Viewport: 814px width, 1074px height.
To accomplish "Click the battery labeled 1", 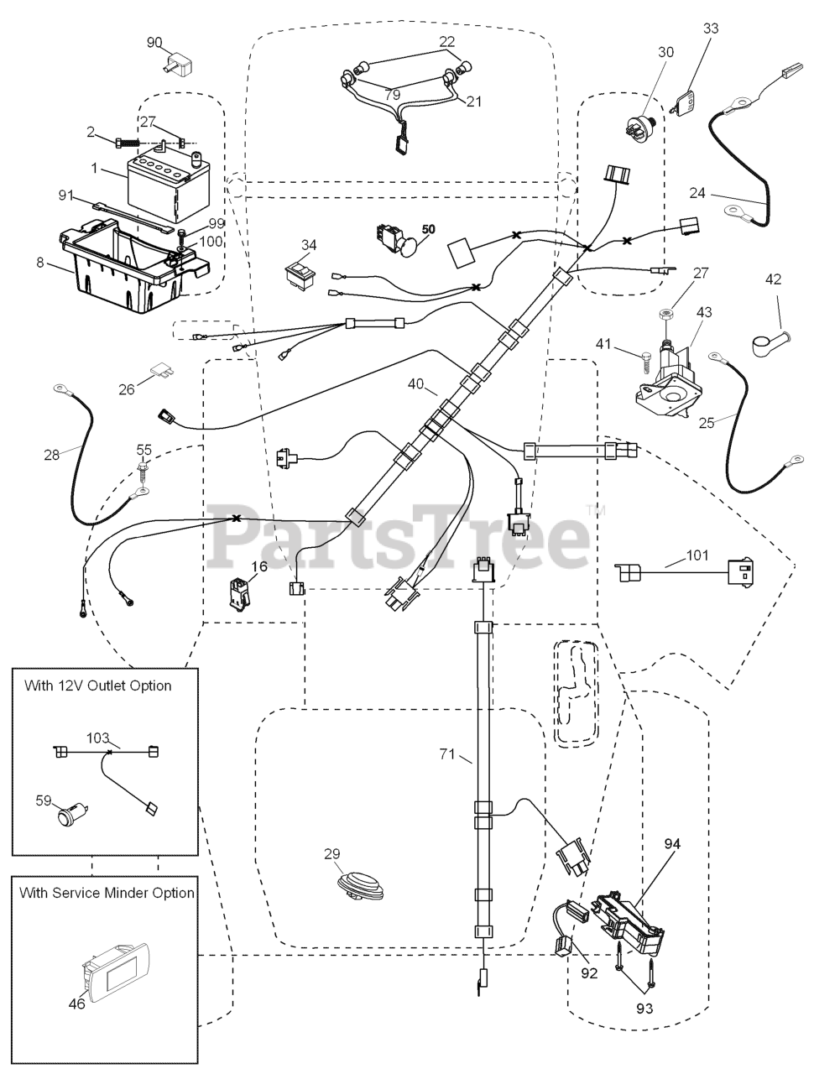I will tap(168, 185).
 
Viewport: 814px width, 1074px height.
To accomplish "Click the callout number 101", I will tap(697, 555).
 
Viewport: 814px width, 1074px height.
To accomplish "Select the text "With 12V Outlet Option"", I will tap(98, 686).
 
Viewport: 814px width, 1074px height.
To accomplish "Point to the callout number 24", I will tap(697, 193).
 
